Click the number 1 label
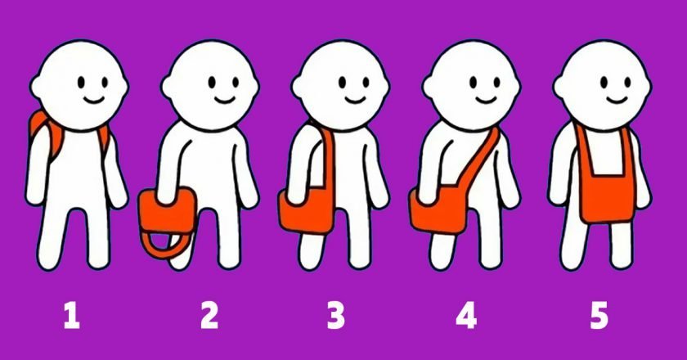(72, 316)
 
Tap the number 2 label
(209, 316)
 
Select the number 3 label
(335, 316)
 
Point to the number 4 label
(467, 316)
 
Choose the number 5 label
(599, 316)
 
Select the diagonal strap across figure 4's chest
(480, 161)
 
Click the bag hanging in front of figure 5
(607, 197)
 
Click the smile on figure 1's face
(94, 101)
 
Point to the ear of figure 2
(167, 87)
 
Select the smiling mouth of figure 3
(355, 101)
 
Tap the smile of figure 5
(617, 101)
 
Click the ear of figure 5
(559, 87)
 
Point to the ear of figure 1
(36, 87)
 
